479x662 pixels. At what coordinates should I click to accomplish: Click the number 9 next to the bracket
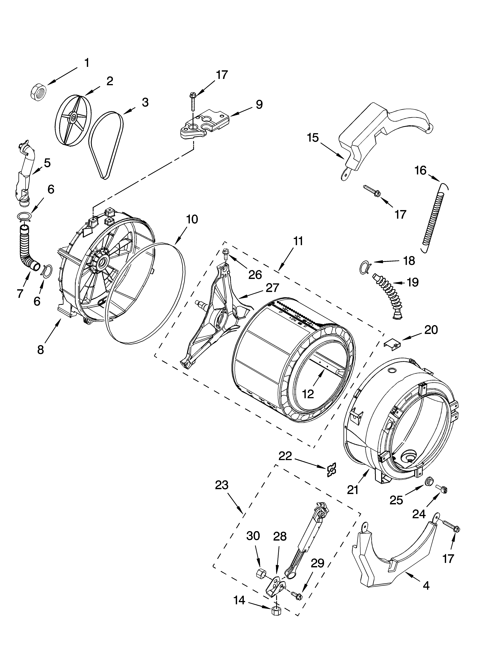tap(259, 105)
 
